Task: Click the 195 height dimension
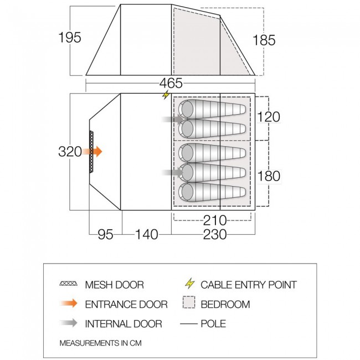70,37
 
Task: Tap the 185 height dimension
264,40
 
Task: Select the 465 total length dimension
171,83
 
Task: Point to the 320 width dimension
70,152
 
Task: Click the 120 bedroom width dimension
269,117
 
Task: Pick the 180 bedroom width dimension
269,176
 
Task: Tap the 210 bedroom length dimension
215,220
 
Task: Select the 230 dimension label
215,235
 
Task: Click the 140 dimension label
147,235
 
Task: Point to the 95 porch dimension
106,235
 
